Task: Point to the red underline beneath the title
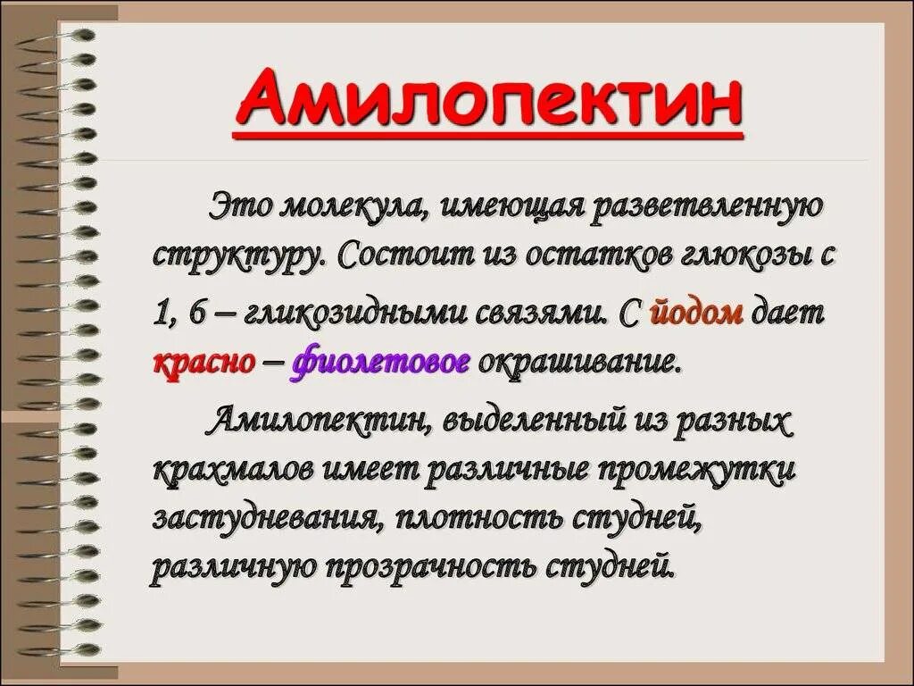click(x=488, y=136)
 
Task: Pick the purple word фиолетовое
click(x=380, y=363)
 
